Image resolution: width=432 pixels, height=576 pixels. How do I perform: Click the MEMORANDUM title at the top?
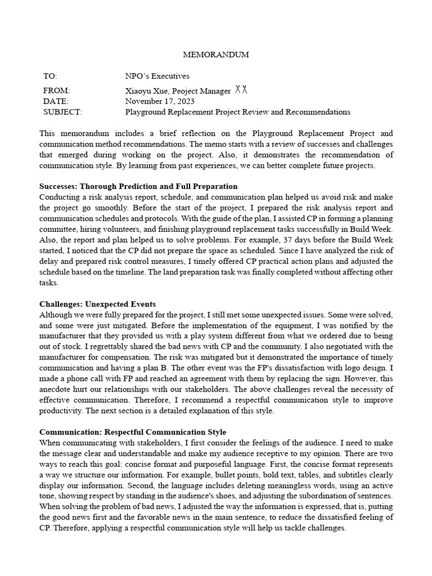click(216, 55)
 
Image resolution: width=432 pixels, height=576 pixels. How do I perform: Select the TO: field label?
click(50, 76)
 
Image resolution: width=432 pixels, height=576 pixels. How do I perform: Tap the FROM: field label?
click(56, 91)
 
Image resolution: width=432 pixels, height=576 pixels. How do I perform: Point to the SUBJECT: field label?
click(62, 112)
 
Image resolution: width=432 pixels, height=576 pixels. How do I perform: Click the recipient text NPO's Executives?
click(157, 76)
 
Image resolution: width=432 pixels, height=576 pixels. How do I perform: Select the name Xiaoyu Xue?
click(146, 91)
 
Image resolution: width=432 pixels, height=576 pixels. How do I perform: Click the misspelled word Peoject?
click(186, 91)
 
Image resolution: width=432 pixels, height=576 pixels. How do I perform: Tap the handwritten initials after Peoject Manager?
click(241, 89)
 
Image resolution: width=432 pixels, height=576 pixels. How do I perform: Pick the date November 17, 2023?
click(160, 101)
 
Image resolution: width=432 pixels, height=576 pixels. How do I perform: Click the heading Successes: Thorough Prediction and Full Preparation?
click(138, 186)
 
